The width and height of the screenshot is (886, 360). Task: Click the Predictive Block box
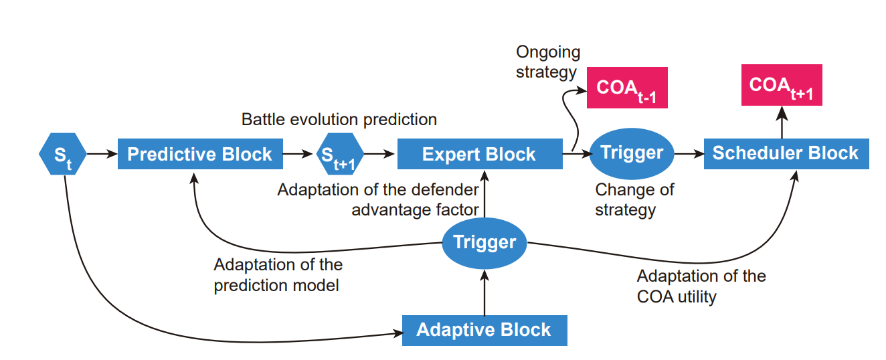coord(200,154)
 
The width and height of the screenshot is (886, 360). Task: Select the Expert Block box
coord(480,154)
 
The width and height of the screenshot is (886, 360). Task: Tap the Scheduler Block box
coord(786,154)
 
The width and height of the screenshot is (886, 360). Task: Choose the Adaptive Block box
coord(484,331)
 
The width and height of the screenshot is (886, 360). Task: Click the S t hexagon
coord(62,154)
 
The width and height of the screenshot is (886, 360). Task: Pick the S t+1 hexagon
coord(340,154)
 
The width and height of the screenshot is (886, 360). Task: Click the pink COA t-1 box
coord(627,88)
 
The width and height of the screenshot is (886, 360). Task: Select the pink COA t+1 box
coord(782,85)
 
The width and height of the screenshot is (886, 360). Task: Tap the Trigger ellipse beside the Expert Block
coord(632,153)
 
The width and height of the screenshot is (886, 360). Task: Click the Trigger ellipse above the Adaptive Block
coord(484,243)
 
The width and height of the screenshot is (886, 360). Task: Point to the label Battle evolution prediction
coord(339,120)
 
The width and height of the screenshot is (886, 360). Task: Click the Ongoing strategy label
coord(548,62)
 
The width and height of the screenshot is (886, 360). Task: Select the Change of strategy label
coord(634,200)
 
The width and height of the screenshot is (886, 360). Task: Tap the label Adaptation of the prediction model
coord(278,275)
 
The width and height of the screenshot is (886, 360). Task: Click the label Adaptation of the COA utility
coord(701,286)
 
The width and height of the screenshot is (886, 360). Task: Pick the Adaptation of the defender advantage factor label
coord(378,200)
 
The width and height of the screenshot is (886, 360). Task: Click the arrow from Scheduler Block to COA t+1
coord(782,122)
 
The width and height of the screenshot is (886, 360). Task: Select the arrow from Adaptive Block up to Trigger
coord(484,292)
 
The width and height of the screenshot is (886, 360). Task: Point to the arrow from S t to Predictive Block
coord(102,154)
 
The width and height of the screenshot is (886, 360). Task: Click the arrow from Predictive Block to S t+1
coord(298,154)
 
